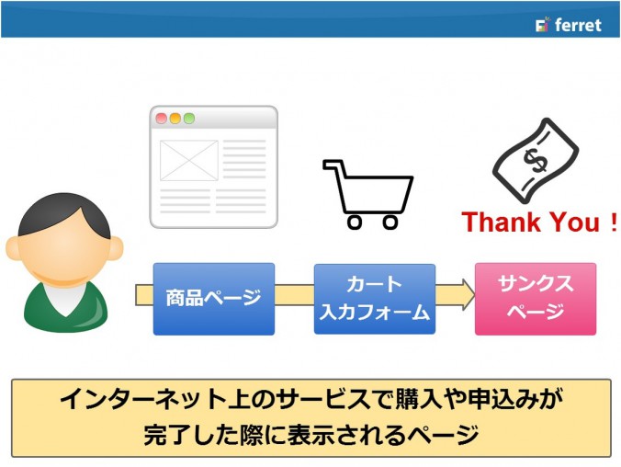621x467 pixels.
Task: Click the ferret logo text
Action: pyautogui.click(x=578, y=25)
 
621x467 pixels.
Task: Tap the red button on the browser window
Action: pyautogui.click(x=161, y=119)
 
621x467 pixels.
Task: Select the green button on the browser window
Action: pyautogui.click(x=189, y=119)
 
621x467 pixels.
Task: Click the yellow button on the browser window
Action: pyautogui.click(x=175, y=119)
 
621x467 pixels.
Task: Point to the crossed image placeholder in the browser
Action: pyautogui.click(x=189, y=161)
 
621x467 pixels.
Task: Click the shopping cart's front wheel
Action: pyautogui.click(x=390, y=222)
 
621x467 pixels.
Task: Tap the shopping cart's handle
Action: pyautogui.click(x=332, y=165)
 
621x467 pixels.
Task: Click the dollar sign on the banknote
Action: pyautogui.click(x=535, y=161)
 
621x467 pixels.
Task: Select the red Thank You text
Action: pyautogui.click(x=539, y=222)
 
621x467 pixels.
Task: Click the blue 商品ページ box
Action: pyautogui.click(x=214, y=299)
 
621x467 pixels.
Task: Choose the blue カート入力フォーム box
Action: pyautogui.click(x=375, y=299)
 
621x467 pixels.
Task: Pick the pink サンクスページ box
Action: pyautogui.click(x=536, y=299)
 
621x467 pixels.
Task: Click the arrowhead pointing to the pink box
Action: pyautogui.click(x=469, y=294)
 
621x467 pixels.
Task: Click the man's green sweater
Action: pyautogui.click(x=65, y=309)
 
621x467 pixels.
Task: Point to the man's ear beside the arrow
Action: pyautogui.click(x=116, y=248)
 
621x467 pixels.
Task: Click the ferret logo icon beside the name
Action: pyautogui.click(x=543, y=25)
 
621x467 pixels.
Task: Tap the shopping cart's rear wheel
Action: pyautogui.click(x=355, y=222)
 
